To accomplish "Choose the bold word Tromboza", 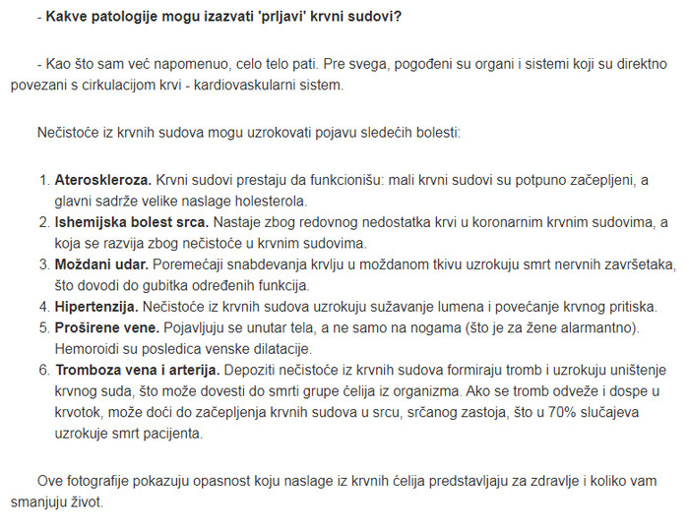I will (92, 370).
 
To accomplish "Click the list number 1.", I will (43, 181).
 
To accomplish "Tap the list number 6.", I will (43, 370).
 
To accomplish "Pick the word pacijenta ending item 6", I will (172, 434).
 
